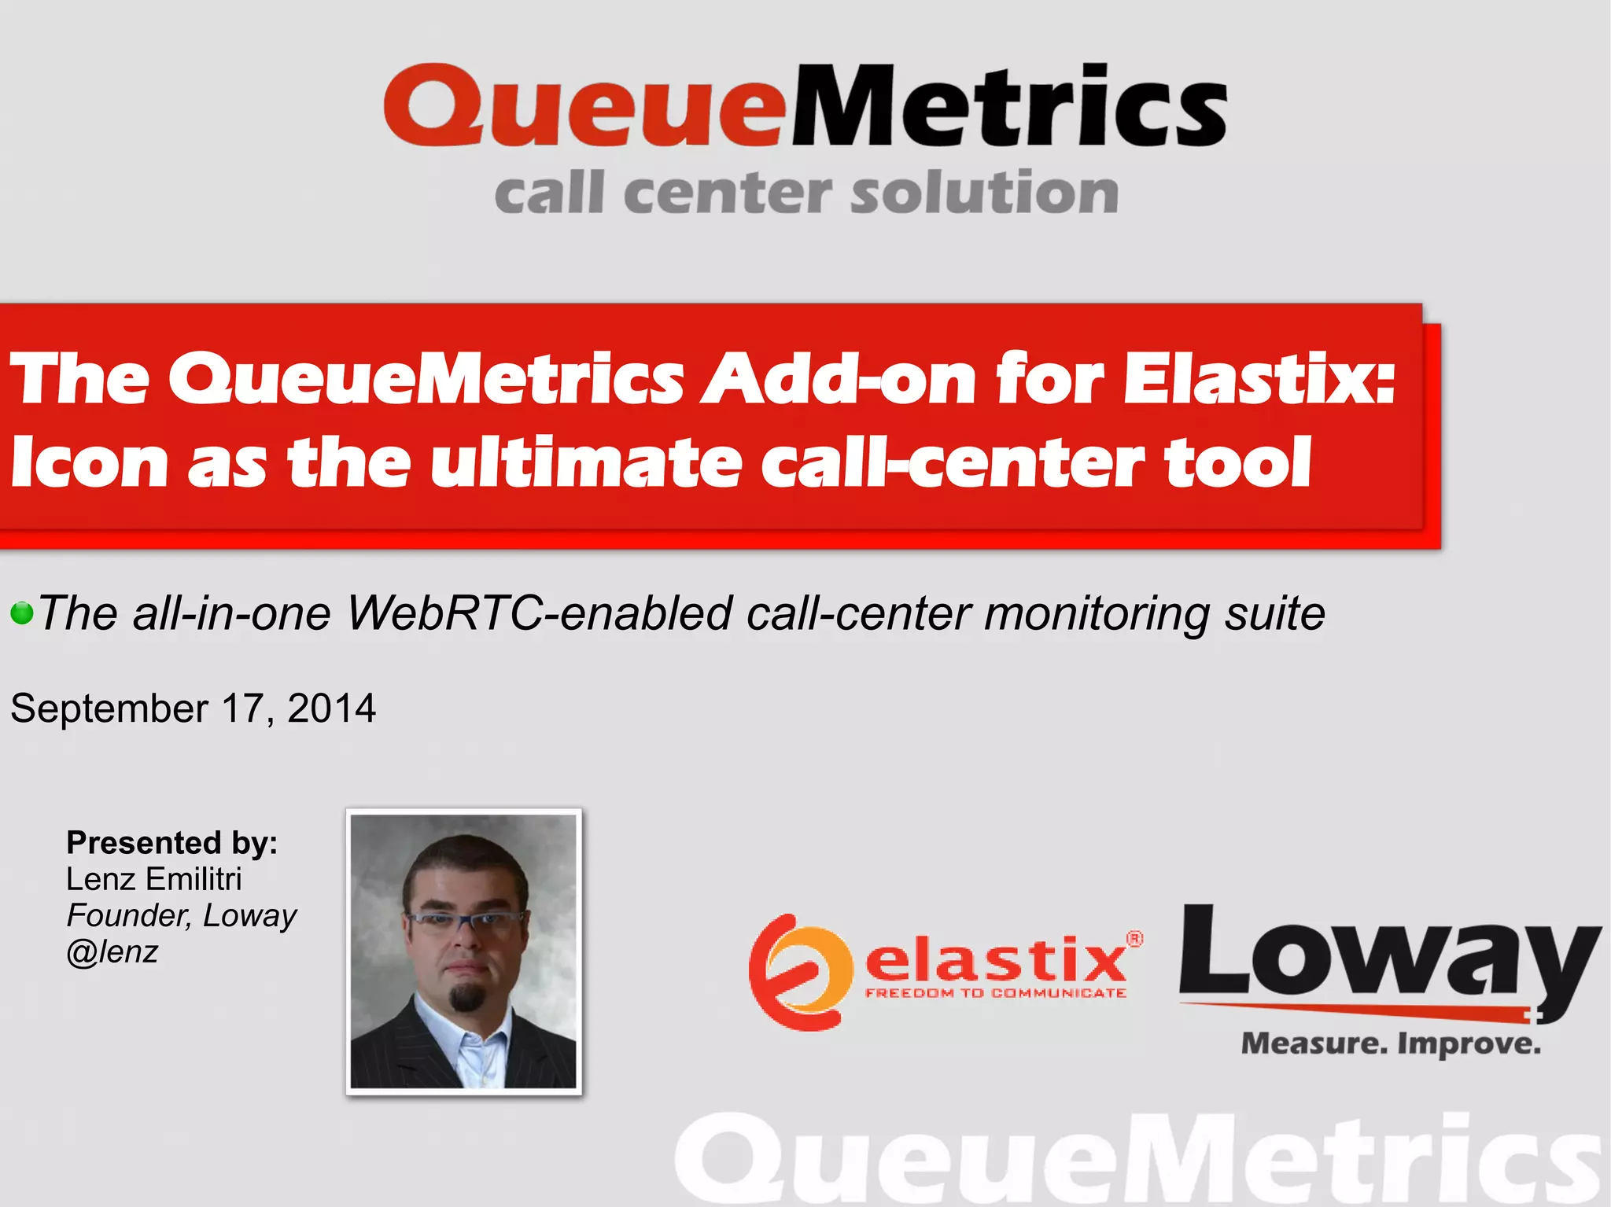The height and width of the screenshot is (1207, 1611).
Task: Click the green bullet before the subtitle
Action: pyautogui.click(x=22, y=613)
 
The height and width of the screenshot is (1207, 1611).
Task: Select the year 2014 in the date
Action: pyautogui.click(x=331, y=708)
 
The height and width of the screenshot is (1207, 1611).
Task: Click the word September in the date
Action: pyautogui.click(x=109, y=708)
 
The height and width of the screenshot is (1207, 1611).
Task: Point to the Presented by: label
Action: pyautogui.click(x=171, y=843)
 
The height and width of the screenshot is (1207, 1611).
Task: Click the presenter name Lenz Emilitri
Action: pyautogui.click(x=153, y=879)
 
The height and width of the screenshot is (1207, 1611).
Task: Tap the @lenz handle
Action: pyautogui.click(x=112, y=952)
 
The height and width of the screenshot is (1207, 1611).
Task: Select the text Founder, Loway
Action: pyautogui.click(x=181, y=916)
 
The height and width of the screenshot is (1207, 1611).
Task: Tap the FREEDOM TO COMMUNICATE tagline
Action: pyautogui.click(x=995, y=994)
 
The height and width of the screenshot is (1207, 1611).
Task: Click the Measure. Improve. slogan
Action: pyautogui.click(x=1390, y=1044)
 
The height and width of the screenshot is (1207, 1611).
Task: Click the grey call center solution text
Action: pyautogui.click(x=805, y=193)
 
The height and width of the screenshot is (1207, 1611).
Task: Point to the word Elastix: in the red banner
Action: pyautogui.click(x=1259, y=379)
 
